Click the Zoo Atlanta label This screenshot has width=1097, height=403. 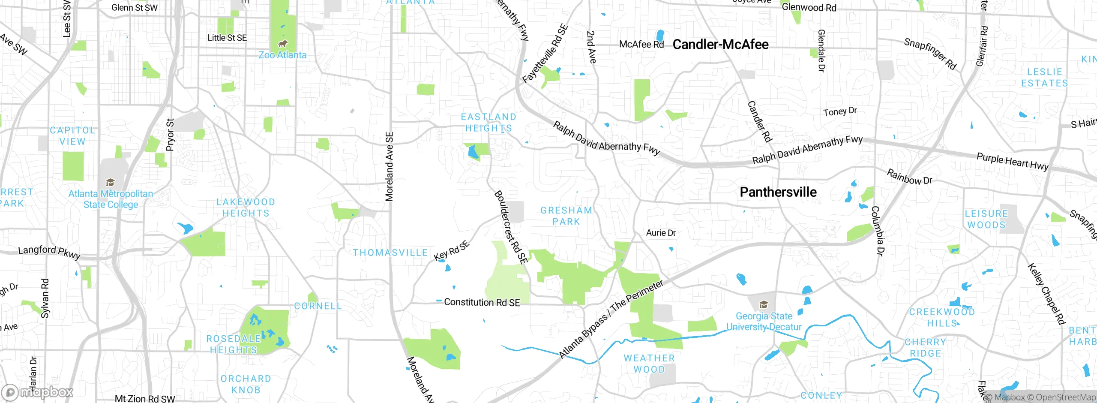282,55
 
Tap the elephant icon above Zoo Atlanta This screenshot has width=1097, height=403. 282,44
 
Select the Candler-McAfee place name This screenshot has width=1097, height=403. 720,44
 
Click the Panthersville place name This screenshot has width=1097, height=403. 778,192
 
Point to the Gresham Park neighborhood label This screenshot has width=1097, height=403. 566,216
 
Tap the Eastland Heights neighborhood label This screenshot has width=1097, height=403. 489,122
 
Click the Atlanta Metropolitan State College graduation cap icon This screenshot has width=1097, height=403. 110,183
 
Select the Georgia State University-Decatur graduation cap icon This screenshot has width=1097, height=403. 763,305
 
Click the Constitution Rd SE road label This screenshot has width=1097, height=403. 482,302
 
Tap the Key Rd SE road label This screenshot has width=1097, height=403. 452,251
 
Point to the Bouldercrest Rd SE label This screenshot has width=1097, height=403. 510,227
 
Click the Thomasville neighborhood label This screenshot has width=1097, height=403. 390,253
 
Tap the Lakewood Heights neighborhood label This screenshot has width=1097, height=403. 246,208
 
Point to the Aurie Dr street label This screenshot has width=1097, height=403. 661,233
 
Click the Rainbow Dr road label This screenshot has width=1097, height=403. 909,177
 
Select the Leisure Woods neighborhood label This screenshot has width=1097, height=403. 986,219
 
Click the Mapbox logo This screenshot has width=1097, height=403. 38,392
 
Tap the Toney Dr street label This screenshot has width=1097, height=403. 840,111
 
